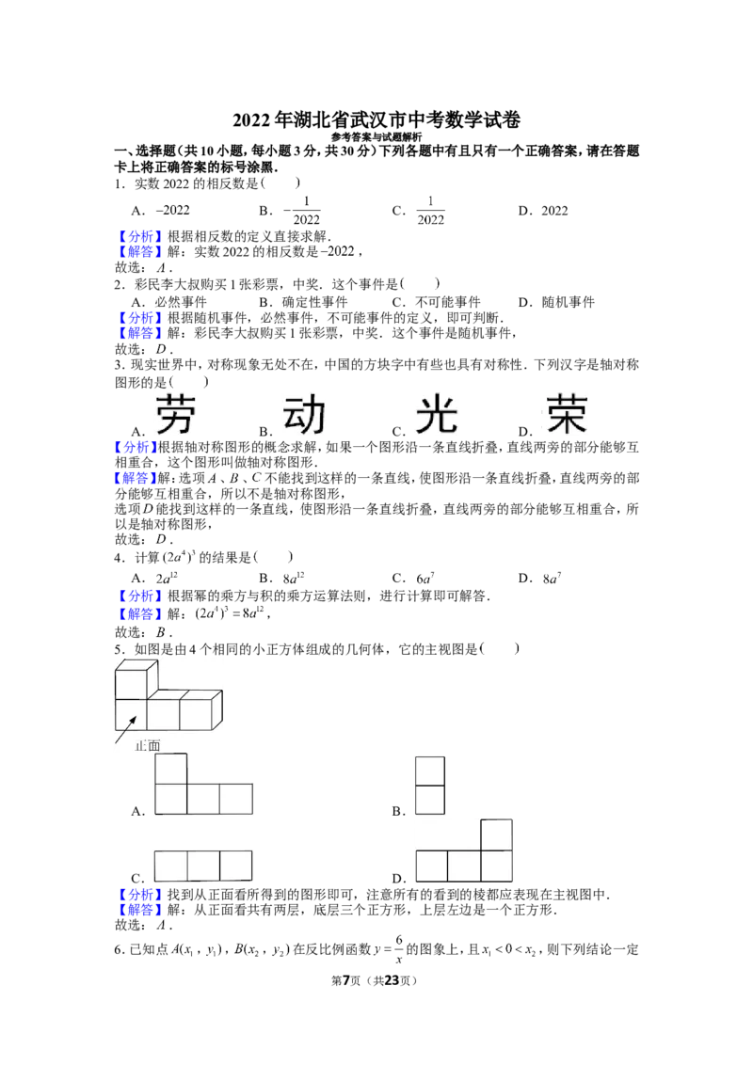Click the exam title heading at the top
click(x=376, y=119)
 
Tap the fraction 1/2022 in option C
click(x=430, y=211)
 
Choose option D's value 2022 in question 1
click(x=554, y=211)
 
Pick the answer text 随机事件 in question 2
click(x=569, y=302)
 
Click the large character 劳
click(x=176, y=414)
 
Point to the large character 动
click(x=304, y=414)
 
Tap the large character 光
click(x=437, y=414)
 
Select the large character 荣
click(x=566, y=414)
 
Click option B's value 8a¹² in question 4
click(x=294, y=578)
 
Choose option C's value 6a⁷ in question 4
click(x=425, y=578)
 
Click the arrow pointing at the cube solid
click(x=127, y=730)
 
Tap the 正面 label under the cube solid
click(x=148, y=746)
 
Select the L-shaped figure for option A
click(x=204, y=784)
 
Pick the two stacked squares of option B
click(x=430, y=786)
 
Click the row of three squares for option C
click(x=203, y=866)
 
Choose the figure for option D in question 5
click(x=464, y=851)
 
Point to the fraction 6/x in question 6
click(x=399, y=949)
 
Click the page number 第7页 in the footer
click(x=346, y=980)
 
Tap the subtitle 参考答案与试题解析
click(x=376, y=137)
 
